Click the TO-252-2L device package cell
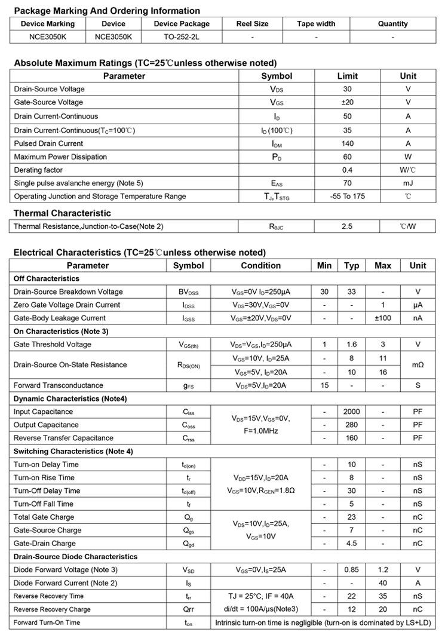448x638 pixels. [x=182, y=36]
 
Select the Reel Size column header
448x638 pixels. [x=253, y=24]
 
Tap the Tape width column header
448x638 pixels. [x=316, y=24]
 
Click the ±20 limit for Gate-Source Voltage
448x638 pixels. [x=347, y=102]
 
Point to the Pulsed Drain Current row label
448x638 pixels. [x=48, y=143]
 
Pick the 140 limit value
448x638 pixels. [x=347, y=143]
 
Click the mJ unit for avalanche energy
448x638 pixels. [x=408, y=183]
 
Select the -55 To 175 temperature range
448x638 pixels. [x=347, y=196]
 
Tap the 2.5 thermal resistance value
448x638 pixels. [x=347, y=226]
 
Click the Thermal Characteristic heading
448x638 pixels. [x=62, y=213]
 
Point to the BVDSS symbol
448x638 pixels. [x=188, y=292]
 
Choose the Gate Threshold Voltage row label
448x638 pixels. [x=53, y=345]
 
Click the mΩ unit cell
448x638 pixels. [x=418, y=364]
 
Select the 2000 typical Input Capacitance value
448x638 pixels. [x=351, y=412]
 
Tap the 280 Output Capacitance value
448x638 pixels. [x=351, y=425]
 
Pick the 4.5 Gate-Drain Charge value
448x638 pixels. [x=351, y=544]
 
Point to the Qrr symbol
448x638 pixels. [x=188, y=609]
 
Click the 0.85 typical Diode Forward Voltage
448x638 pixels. [x=351, y=570]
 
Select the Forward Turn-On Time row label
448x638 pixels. [x=47, y=622]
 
